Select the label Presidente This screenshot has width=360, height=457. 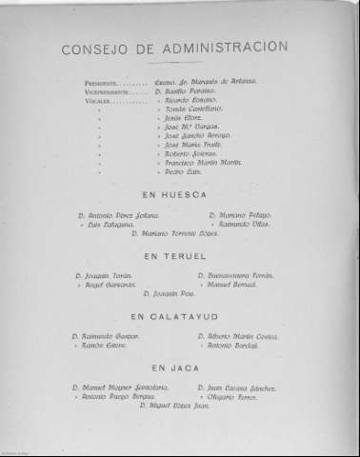click(103, 84)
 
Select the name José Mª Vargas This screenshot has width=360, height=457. click(193, 126)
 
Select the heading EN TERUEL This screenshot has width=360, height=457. click(177, 256)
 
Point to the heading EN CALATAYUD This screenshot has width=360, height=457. click(177, 316)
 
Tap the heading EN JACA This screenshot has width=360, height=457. click(177, 367)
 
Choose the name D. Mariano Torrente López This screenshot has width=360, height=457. click(180, 232)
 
